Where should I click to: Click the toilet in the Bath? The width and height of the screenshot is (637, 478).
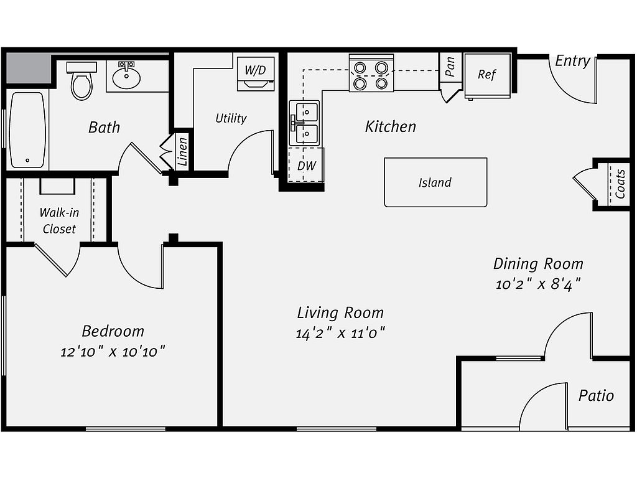coord(81,81)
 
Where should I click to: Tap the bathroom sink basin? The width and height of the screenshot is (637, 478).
coord(126,77)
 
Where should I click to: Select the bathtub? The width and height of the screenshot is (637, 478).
coord(27,130)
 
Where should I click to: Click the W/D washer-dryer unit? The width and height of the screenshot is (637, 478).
coord(256,73)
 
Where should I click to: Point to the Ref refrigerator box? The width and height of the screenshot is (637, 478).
coord(487,76)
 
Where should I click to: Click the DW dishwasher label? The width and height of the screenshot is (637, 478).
coord(306,166)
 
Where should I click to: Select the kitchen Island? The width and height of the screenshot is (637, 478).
coord(435,182)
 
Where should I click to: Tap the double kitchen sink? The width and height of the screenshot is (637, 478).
coord(304,123)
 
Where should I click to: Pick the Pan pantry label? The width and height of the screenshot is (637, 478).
coord(450,66)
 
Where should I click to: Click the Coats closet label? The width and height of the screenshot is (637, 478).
coord(620,184)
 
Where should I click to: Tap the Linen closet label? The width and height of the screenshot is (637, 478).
coord(182,151)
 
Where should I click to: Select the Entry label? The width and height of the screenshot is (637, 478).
coord(572,61)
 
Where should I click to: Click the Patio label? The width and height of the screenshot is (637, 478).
coord(596,395)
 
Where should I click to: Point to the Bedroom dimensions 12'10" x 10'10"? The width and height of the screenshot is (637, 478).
coord(113,352)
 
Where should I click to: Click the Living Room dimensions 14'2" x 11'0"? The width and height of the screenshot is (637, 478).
coord(340,334)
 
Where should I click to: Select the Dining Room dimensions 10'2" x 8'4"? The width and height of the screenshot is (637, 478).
coord(538,284)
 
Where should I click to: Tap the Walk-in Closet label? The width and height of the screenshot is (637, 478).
coord(59,221)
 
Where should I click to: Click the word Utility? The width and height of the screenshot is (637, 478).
coord(231,118)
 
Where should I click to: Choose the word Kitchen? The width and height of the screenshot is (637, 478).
coord(391,126)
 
